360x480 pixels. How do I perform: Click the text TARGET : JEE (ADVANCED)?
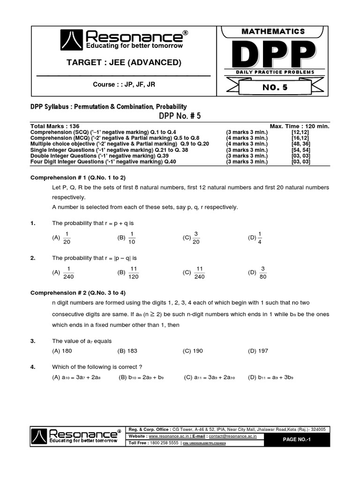tap(124, 62)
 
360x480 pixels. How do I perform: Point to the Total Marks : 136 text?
tap(50, 127)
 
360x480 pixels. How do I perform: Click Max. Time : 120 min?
tap(300, 127)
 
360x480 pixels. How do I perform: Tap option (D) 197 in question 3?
tap(258, 351)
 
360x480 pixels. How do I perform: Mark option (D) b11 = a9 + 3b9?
tap(271, 377)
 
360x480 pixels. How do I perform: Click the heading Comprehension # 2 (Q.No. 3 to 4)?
tap(78, 293)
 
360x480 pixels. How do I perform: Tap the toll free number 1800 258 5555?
tap(164, 443)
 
